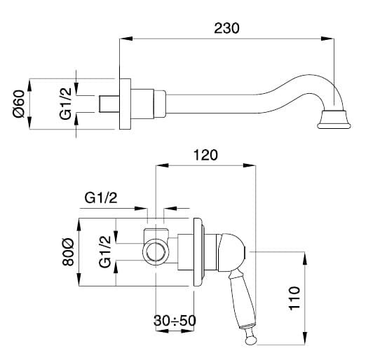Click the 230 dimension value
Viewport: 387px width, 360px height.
[x=226, y=28]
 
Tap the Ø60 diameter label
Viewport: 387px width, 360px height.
[x=19, y=104]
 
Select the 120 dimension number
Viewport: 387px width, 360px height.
[x=205, y=155]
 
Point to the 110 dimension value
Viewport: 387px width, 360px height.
[x=294, y=298]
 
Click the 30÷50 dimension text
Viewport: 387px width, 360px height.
[x=175, y=321]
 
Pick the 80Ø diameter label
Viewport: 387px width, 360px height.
[x=67, y=252]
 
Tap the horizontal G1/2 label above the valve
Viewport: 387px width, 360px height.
[x=101, y=198]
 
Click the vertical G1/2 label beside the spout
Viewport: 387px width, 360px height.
[x=65, y=104]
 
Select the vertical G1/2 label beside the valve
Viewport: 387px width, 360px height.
[x=105, y=251]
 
